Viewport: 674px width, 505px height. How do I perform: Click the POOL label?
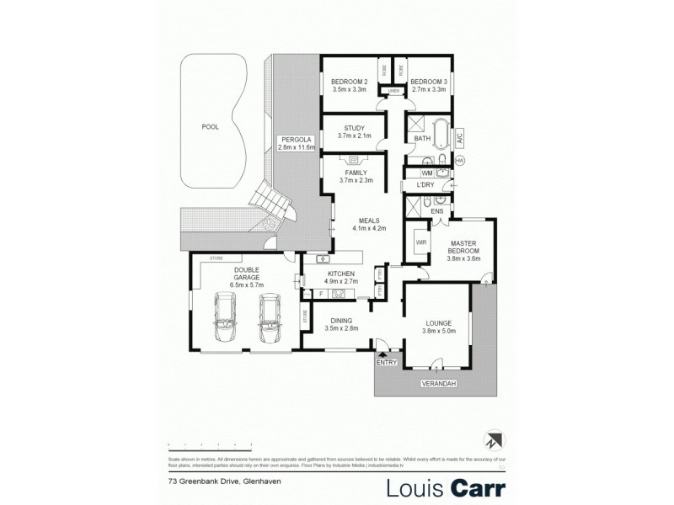coord(210,127)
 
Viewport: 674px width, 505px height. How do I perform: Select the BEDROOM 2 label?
coord(348,82)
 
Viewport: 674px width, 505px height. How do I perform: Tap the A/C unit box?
coord(460,136)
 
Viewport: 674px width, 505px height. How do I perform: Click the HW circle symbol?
coord(460,160)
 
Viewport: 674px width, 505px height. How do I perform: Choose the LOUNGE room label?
coord(438,327)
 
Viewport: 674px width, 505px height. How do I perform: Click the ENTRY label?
coord(387,362)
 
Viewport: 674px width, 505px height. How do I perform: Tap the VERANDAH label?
coord(439,384)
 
